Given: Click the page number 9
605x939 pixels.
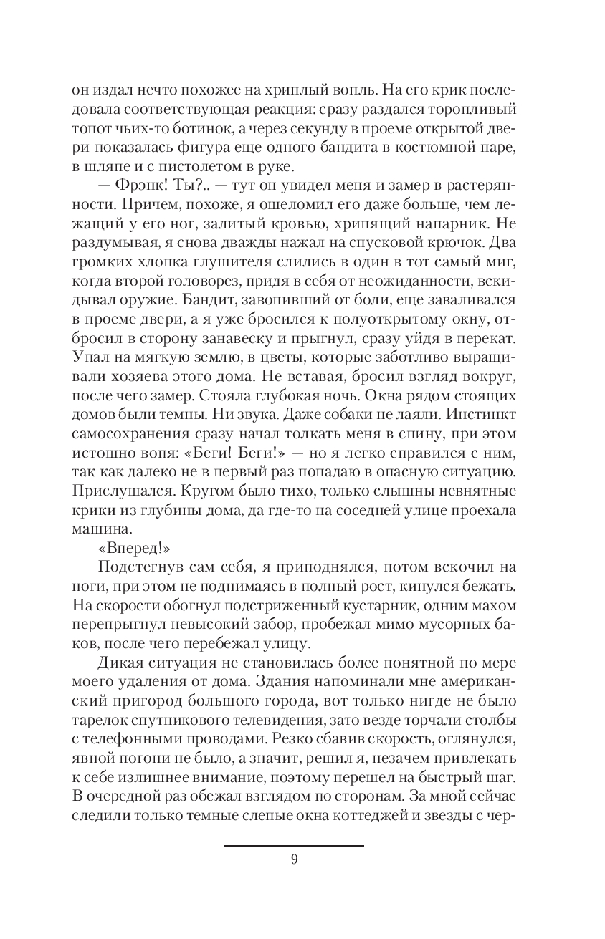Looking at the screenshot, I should pyautogui.click(x=294, y=860).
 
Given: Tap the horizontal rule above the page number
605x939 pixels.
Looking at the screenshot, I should pyautogui.click(x=294, y=846).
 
